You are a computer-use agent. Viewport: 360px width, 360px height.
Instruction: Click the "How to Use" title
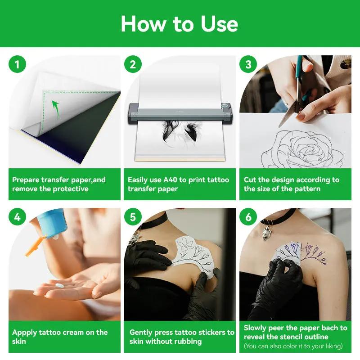coord(180,23)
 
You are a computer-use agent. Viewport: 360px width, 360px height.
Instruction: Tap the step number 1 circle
coord(17,65)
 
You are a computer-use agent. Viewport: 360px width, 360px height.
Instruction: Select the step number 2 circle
coord(133,65)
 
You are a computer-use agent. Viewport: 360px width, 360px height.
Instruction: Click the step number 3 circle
coord(248,65)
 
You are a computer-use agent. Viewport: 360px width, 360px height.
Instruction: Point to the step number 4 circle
coord(17,217)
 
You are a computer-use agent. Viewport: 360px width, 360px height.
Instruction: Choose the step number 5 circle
coord(133,217)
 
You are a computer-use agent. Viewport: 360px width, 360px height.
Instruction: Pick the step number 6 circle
coord(248,217)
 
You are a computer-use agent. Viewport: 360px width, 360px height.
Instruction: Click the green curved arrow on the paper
coord(55,108)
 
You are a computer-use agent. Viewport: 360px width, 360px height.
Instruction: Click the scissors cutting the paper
coord(295,97)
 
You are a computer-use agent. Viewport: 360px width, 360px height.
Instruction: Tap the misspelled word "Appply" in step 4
coord(24,333)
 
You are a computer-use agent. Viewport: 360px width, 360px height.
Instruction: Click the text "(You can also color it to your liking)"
coord(293,346)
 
